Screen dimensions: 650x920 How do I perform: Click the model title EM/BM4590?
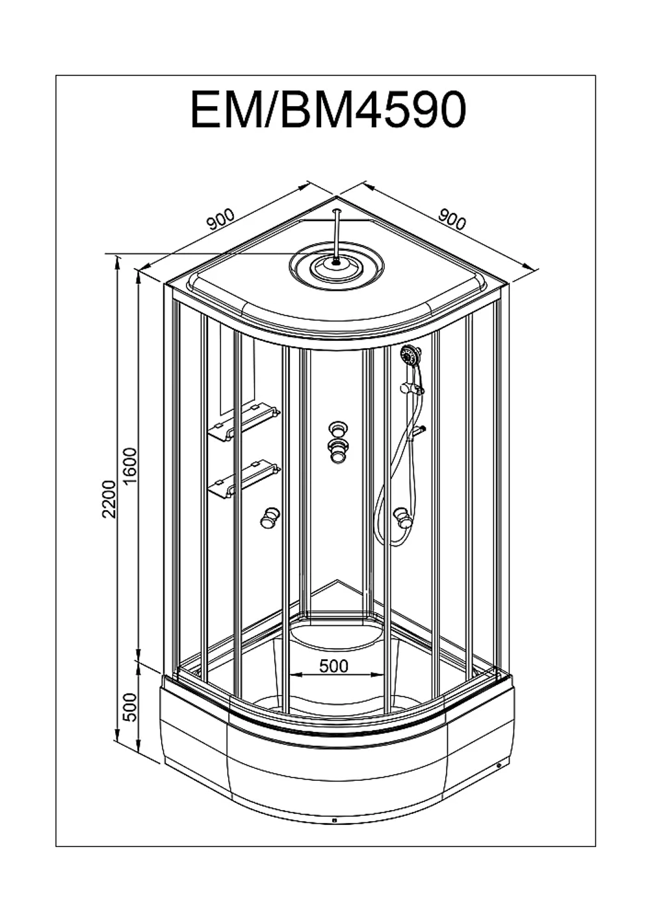329,110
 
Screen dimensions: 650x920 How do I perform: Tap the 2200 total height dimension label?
110,498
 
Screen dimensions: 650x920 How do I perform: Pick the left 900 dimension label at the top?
220,219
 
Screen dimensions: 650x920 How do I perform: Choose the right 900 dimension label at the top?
452,219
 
